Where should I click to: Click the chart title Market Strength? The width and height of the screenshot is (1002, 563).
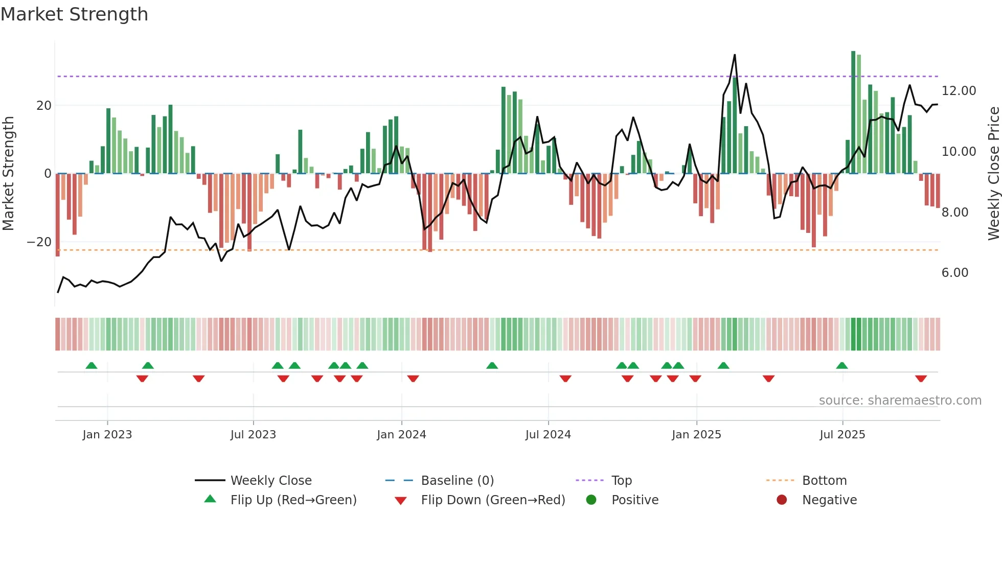[74, 14]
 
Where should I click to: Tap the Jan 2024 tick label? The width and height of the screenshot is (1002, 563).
[401, 435]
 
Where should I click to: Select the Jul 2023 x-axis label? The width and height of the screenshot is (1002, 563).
[253, 435]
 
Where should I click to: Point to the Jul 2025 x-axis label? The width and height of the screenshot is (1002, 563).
[842, 435]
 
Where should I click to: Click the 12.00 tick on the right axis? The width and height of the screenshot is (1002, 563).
[959, 91]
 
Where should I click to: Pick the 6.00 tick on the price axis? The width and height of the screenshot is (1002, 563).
[954, 273]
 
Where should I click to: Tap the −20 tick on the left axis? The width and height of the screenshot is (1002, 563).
[39, 242]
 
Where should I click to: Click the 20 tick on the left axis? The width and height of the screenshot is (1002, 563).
[44, 106]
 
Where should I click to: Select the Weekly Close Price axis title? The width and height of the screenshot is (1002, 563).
[993, 174]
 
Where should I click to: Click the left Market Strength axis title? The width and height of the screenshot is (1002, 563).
[9, 174]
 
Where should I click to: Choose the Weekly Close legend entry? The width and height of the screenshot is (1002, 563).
[270, 481]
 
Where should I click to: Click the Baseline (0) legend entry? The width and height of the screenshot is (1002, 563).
[457, 481]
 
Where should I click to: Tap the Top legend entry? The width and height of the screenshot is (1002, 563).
[621, 481]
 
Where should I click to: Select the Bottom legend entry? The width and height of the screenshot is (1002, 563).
[824, 481]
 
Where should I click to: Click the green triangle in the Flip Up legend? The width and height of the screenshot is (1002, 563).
[210, 499]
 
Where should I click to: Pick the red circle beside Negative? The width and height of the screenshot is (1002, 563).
[781, 500]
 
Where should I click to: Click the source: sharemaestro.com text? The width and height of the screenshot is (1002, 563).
[900, 401]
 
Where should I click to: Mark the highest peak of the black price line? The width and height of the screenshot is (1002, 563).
[735, 55]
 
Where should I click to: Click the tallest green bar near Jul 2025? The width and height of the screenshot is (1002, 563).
[853, 112]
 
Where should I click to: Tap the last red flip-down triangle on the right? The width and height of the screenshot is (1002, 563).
[921, 379]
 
